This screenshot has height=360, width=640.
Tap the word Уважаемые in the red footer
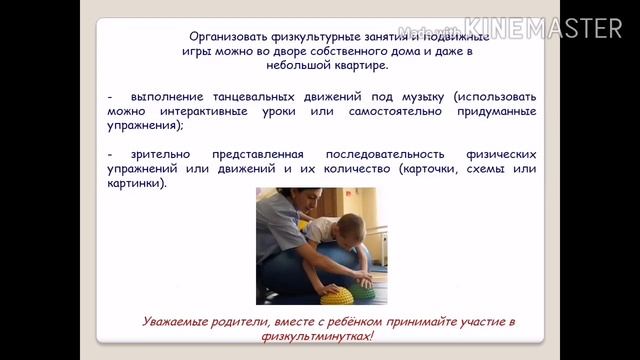point(177,319)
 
